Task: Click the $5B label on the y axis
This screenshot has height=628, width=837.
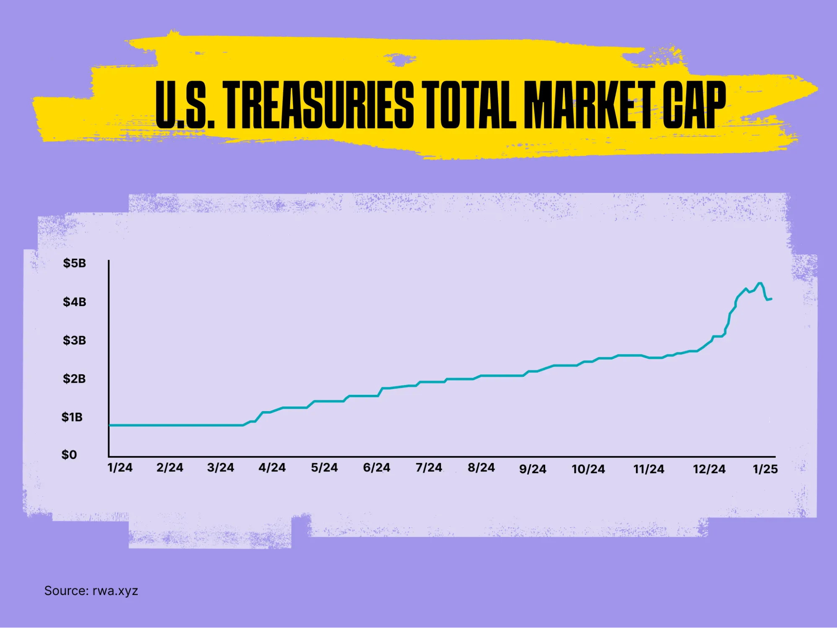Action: click(x=75, y=263)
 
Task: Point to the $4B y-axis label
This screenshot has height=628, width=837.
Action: click(x=75, y=302)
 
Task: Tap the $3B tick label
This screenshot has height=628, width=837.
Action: click(x=75, y=340)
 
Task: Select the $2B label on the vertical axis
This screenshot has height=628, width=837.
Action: click(x=75, y=379)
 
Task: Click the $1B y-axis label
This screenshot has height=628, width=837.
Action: click(x=72, y=417)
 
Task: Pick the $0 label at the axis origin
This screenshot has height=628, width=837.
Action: click(x=70, y=455)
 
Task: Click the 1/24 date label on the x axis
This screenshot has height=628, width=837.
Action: click(x=120, y=468)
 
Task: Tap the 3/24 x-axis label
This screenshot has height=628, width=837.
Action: click(x=221, y=468)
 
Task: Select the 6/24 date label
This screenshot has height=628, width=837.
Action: click(x=376, y=468)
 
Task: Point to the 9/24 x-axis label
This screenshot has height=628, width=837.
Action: click(x=533, y=469)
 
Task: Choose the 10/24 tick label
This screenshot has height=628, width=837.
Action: click(x=588, y=469)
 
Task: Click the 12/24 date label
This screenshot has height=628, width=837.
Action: click(x=709, y=469)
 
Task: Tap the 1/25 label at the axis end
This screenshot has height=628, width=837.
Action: click(x=765, y=469)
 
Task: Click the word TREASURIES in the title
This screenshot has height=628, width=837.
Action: click(x=318, y=105)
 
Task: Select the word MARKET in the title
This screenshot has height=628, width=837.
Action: click(x=590, y=105)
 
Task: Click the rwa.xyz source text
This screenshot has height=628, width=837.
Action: click(x=115, y=591)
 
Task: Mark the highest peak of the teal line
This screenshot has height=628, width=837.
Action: click(x=760, y=283)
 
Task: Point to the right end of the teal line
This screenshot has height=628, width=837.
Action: click(x=771, y=299)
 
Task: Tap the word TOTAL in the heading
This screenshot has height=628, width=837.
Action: click(x=469, y=105)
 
